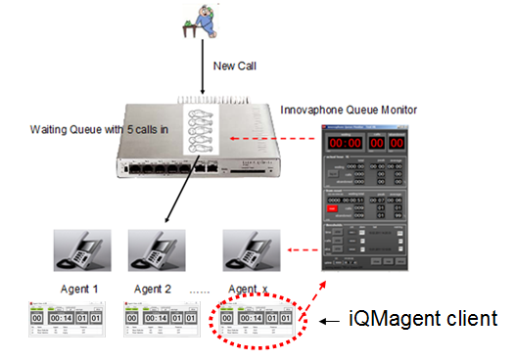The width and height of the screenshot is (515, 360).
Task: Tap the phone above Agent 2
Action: point(155,252)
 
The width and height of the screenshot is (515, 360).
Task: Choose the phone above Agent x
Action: point(244,252)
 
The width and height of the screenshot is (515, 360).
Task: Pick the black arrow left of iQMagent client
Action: point(330,320)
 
